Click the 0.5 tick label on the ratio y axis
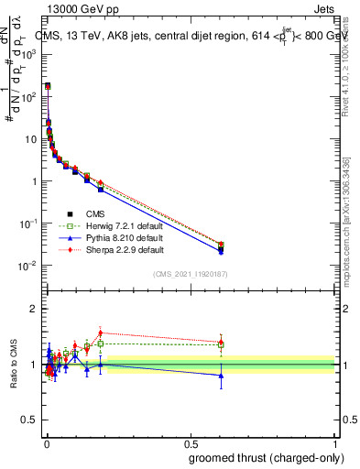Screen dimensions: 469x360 click(28, 421)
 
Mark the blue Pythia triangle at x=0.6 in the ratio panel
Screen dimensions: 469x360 click(220, 376)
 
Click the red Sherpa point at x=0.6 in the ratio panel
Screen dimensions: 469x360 click(220, 342)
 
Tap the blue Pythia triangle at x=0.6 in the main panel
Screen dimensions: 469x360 click(220, 251)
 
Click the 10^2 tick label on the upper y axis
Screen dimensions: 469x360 click(28, 95)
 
